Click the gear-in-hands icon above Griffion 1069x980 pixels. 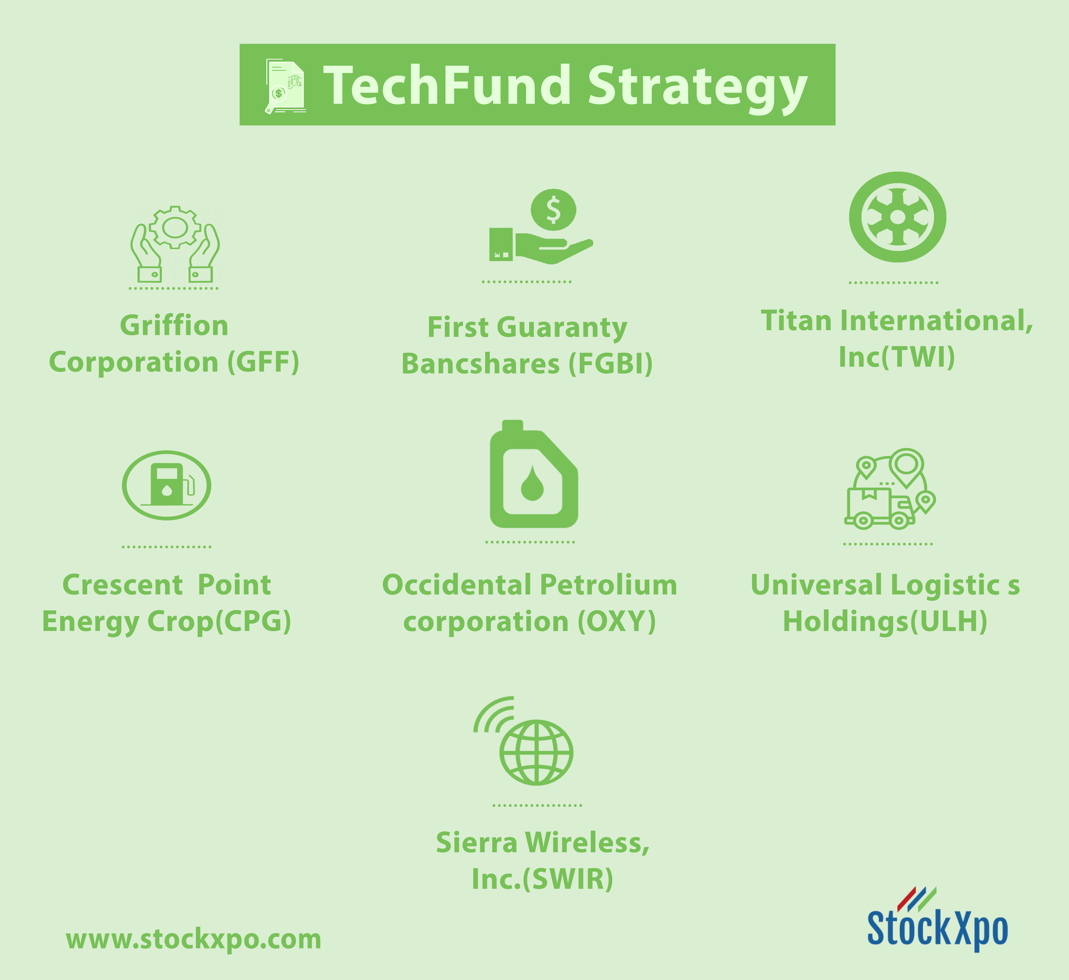(175, 244)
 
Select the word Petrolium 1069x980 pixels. (609, 585)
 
